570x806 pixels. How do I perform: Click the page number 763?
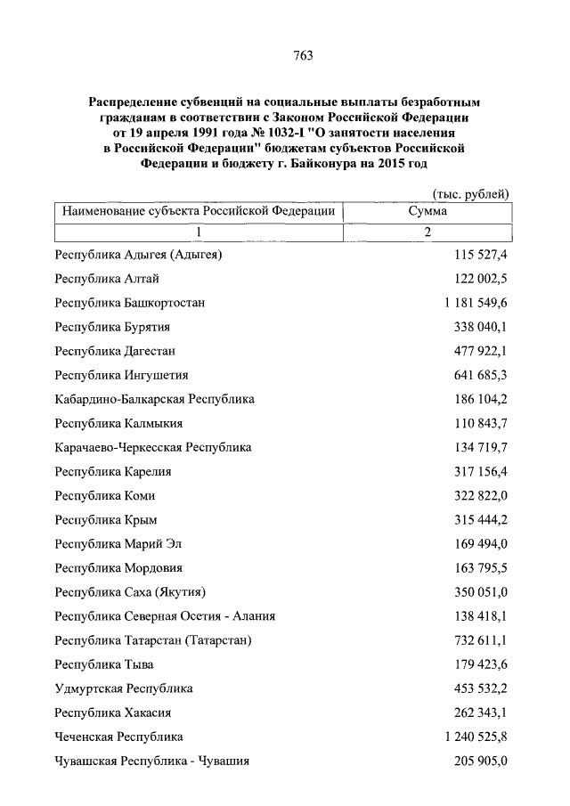coord(303,55)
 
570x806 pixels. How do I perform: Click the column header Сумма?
coord(427,212)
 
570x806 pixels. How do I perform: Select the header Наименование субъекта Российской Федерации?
coord(199,212)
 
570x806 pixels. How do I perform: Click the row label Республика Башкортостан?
coord(130,303)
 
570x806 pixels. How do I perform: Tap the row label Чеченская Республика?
coord(119,737)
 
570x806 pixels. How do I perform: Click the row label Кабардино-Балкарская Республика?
coord(155,399)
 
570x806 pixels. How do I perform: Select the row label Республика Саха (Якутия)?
coord(131,592)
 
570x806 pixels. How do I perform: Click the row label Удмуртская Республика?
coord(124,688)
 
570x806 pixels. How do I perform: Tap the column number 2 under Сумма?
coord(427,232)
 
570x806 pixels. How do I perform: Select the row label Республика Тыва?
coord(105,664)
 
